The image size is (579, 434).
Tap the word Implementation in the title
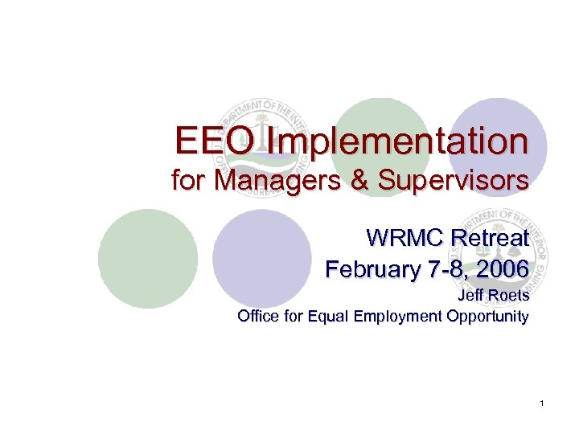pos(399,143)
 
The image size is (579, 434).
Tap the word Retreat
pos(491,239)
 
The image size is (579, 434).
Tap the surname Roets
pos(508,297)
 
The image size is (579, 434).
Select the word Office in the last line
pos(257,316)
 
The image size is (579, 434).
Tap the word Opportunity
pos(487,316)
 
